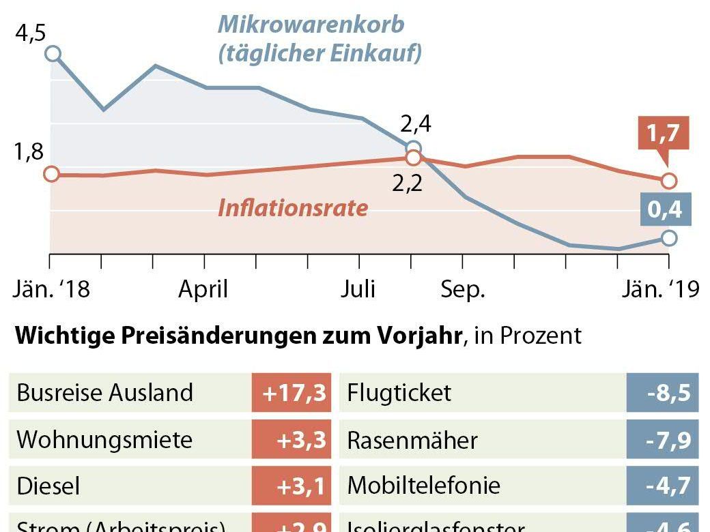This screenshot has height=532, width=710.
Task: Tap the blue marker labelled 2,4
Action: point(412,149)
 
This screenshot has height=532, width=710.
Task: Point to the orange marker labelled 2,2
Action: point(412,158)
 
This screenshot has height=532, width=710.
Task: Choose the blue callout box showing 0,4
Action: point(664,210)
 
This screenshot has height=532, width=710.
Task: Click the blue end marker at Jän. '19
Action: point(669,237)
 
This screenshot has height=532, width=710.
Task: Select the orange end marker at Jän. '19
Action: point(669,181)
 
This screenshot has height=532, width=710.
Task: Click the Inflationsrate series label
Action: point(292,207)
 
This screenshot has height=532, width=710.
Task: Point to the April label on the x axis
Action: point(203,289)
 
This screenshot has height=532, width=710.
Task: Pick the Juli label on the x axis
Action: point(358,289)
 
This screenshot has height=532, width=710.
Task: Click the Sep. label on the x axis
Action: point(462,289)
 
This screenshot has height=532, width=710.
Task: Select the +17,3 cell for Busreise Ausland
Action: point(292,393)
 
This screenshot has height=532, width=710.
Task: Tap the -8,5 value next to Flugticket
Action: point(662,393)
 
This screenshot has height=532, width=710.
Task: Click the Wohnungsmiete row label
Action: point(104,439)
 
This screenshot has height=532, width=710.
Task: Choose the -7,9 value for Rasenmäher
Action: point(662,439)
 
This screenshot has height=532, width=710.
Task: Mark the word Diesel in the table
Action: point(48,486)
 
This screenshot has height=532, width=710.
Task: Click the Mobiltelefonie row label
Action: point(423,486)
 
